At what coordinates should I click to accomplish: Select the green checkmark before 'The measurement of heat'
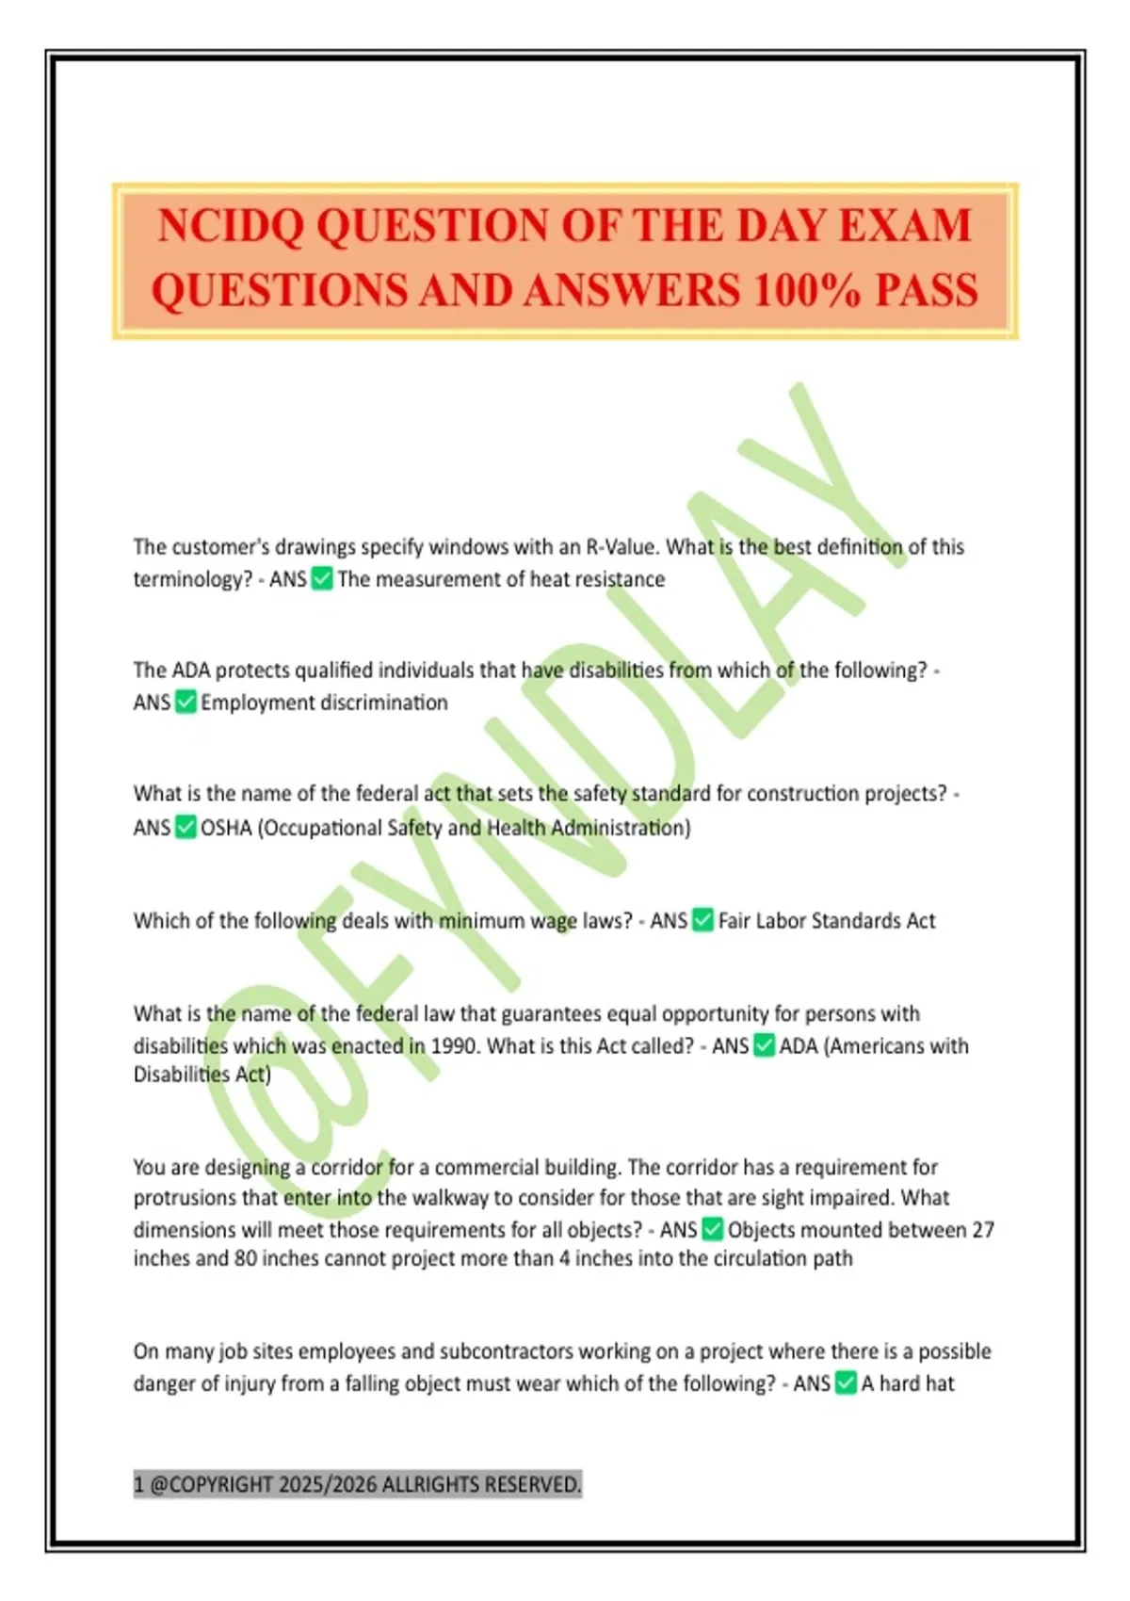coord(322,578)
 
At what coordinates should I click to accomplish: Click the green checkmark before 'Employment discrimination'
coord(186,703)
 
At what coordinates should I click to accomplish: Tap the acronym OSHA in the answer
coord(226,828)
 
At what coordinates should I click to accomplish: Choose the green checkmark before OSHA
coord(186,828)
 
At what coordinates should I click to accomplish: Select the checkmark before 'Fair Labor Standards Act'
coord(703,920)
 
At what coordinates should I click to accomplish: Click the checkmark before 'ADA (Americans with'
coord(765,1045)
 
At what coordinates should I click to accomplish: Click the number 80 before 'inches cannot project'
coord(246,1259)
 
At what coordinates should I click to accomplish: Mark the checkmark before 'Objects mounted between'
coord(713,1230)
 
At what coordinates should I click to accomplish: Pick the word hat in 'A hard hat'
coord(940,1383)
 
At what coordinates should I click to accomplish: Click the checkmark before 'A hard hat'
coord(846,1383)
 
